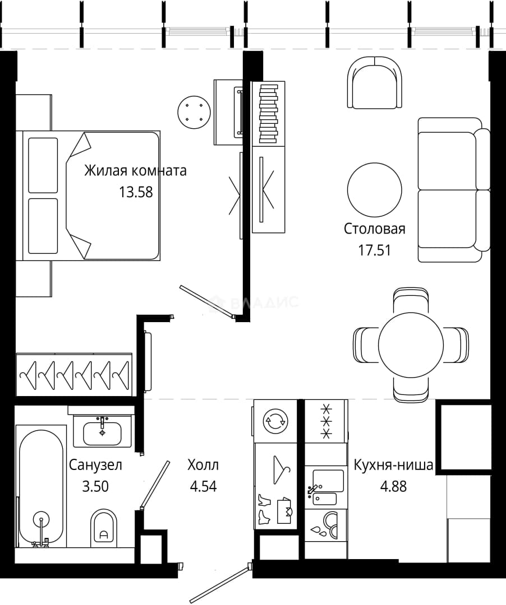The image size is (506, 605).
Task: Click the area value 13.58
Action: pyautogui.click(x=136, y=192)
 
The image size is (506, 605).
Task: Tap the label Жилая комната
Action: pyautogui.click(x=135, y=170)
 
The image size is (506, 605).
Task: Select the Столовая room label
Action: pyautogui.click(x=374, y=229)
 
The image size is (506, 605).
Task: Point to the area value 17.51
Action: pyautogui.click(x=374, y=250)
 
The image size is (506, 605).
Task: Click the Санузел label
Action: pyautogui.click(x=95, y=465)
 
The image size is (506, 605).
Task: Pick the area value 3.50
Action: pyautogui.click(x=95, y=486)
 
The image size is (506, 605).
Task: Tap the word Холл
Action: pyautogui.click(x=203, y=465)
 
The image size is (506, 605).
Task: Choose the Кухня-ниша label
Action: pyautogui.click(x=393, y=465)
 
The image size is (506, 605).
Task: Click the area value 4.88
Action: pyautogui.click(x=393, y=486)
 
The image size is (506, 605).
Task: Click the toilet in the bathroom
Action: pyautogui.click(x=104, y=527)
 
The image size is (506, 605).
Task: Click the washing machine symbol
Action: pyautogui.click(x=275, y=421)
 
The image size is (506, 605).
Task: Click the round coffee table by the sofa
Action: pyautogui.click(x=374, y=190)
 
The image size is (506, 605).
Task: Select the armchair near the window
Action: pyautogui.click(x=374, y=82)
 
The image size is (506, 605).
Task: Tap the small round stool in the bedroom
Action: pyautogui.click(x=194, y=112)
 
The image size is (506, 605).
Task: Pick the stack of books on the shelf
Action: pyautogui.click(x=269, y=113)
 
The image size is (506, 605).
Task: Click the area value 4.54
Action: pyautogui.click(x=203, y=486)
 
